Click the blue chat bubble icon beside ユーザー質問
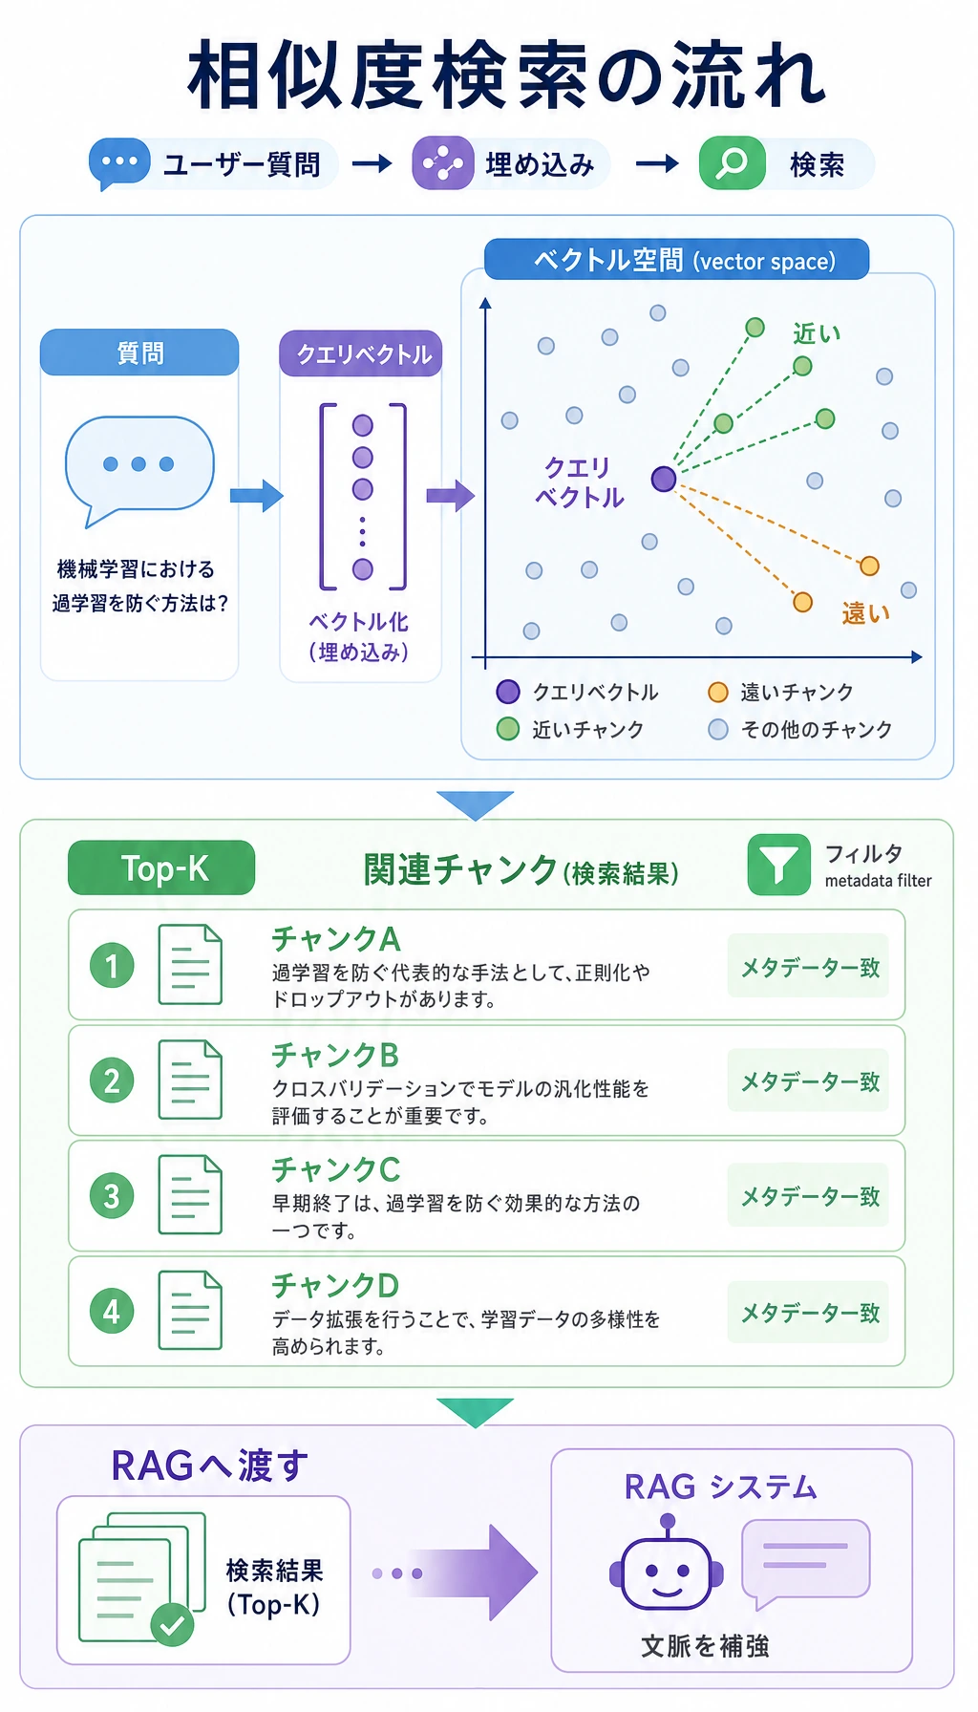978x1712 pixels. (119, 163)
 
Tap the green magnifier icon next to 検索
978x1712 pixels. (733, 163)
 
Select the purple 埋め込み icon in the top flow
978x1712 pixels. (443, 163)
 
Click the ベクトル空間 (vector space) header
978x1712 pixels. (676, 260)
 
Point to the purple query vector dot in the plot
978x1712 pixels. (664, 479)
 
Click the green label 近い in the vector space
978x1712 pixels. (817, 333)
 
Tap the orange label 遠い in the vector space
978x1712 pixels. (866, 612)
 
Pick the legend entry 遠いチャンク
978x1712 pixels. (781, 693)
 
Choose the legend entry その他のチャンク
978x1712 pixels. (800, 730)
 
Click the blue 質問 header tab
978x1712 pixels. (139, 353)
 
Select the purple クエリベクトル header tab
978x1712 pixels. (361, 353)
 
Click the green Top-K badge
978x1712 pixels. (161, 868)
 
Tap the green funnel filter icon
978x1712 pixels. (779, 865)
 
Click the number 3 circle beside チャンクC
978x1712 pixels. (112, 1195)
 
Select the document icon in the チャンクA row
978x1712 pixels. (190, 965)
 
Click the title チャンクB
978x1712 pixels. (335, 1055)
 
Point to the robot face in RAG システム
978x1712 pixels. (667, 1572)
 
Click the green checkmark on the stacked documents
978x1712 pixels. (172, 1624)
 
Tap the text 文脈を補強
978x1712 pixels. (705, 1646)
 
